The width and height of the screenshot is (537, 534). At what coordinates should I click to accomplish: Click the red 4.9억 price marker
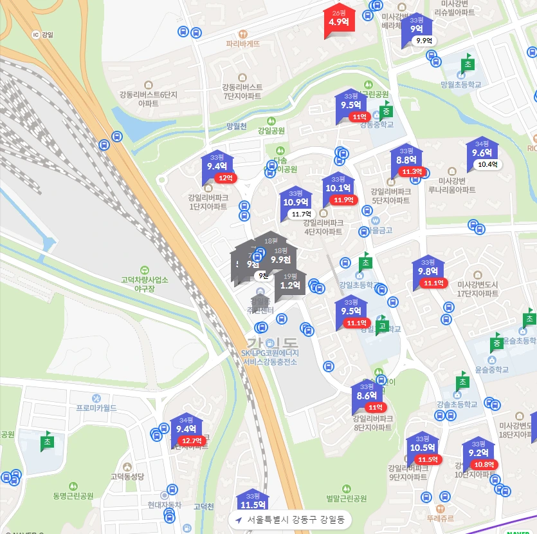tap(339, 21)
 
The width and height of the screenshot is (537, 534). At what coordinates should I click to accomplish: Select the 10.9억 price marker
tap(295, 202)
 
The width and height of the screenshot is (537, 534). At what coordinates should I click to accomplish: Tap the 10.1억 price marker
tap(338, 188)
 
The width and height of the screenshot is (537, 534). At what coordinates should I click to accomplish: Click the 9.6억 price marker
tap(482, 153)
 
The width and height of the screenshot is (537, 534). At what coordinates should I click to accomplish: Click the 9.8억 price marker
tap(428, 271)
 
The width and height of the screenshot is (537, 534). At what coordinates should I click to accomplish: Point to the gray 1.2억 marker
tap(291, 285)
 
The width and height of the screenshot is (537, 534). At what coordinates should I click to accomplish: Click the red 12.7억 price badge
tap(191, 441)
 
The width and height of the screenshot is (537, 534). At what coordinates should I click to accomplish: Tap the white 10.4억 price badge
tap(487, 164)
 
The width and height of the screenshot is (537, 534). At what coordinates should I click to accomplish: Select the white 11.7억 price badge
tap(301, 214)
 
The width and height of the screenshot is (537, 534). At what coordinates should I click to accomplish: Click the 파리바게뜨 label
tap(243, 44)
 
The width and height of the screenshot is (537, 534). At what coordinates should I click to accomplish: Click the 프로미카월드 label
tap(96, 408)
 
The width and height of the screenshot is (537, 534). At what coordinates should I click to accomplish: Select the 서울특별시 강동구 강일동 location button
tap(289, 519)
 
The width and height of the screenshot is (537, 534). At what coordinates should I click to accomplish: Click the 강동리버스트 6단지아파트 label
tap(148, 99)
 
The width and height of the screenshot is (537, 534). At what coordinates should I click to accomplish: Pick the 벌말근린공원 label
tap(346, 498)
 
